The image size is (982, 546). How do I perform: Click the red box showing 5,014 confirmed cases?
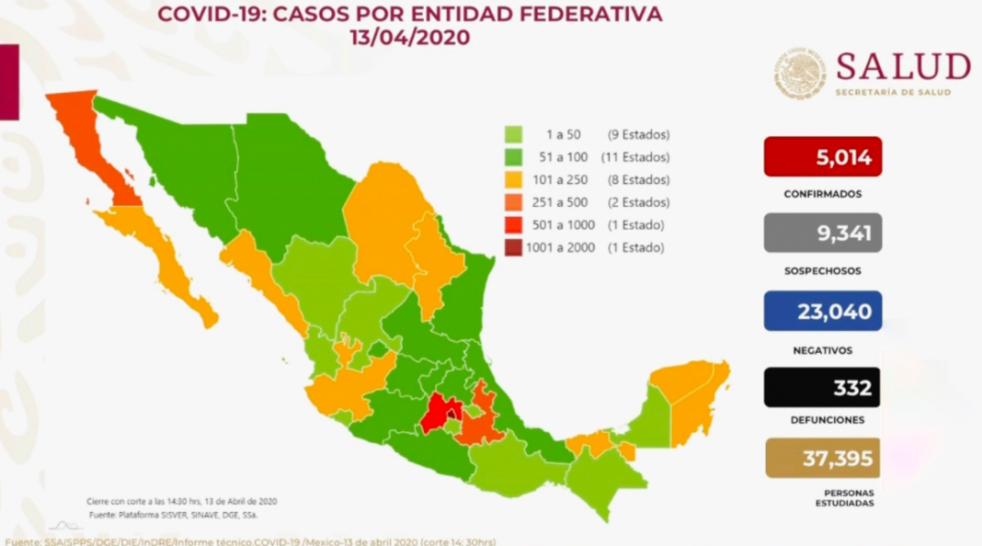(x=822, y=157)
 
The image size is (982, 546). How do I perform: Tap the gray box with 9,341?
(x=822, y=233)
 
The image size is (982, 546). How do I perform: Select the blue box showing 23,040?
(x=822, y=312)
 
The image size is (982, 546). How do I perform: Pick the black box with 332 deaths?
(x=822, y=388)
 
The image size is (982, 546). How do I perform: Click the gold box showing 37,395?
(x=822, y=458)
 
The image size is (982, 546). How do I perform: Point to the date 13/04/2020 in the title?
(x=408, y=38)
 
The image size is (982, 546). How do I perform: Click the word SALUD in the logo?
(x=902, y=68)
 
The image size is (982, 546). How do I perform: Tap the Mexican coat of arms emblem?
(x=799, y=74)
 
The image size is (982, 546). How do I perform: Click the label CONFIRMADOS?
(x=822, y=195)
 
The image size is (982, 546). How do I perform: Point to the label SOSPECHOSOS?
(x=822, y=272)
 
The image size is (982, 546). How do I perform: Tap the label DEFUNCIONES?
(x=822, y=420)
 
